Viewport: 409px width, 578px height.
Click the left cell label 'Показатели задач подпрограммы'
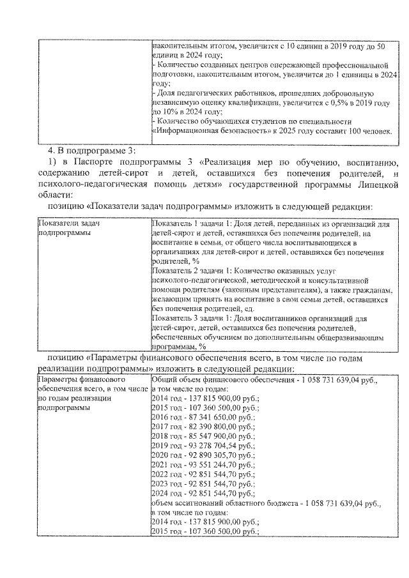tap(70, 229)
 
